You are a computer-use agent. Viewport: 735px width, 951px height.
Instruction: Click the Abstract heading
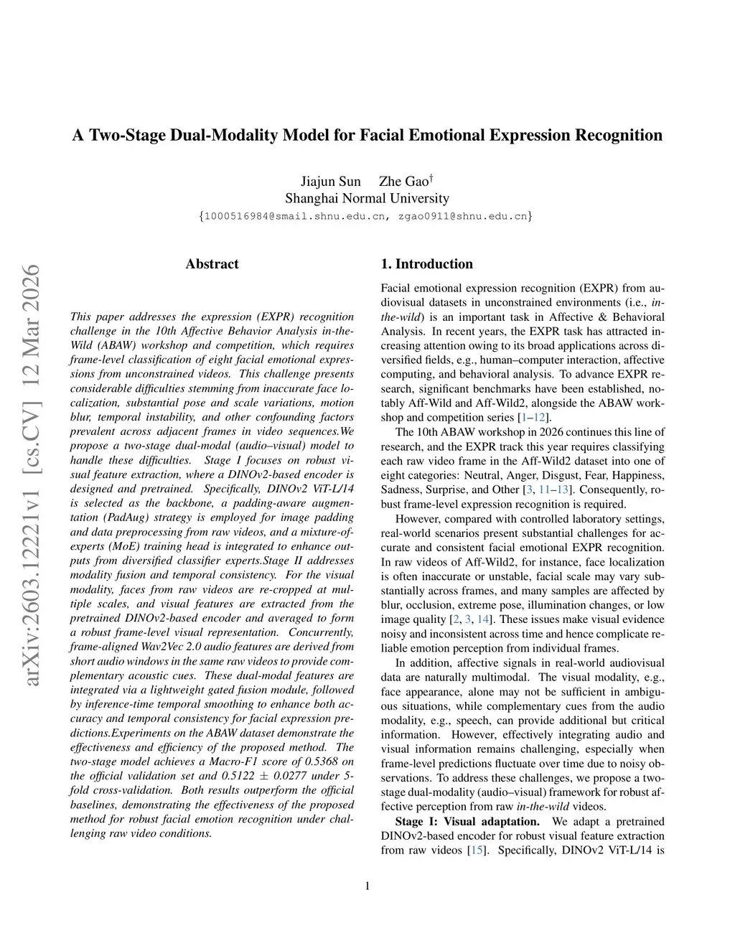point(212,264)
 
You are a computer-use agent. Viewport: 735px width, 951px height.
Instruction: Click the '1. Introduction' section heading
point(426,264)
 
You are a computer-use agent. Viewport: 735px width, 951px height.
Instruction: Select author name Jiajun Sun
point(330,182)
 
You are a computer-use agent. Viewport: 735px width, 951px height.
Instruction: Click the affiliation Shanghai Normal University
point(367,199)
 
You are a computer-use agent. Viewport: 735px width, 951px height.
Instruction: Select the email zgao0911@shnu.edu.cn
point(462,216)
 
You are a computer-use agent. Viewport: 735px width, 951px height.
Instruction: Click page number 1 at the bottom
point(367,886)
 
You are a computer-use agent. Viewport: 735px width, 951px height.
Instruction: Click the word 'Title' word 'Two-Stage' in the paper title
point(127,136)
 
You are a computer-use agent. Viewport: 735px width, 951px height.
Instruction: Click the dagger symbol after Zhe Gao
point(430,177)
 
